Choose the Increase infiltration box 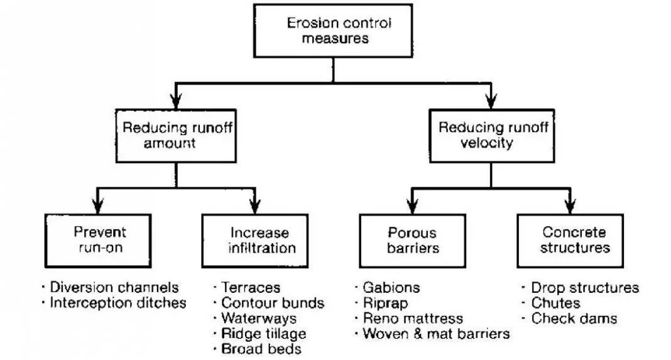tap(254, 239)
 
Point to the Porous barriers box tap(412, 239)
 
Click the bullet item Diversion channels tap(114, 288)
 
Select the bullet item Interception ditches tap(117, 303)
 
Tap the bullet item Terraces tap(249, 288)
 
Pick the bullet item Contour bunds tap(271, 303)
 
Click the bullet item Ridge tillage tap(263, 334)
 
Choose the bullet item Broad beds tap(260, 349)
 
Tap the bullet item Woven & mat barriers tap(435, 334)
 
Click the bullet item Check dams tap(573, 319)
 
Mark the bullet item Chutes tap(555, 303)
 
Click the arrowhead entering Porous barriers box tap(412, 205)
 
